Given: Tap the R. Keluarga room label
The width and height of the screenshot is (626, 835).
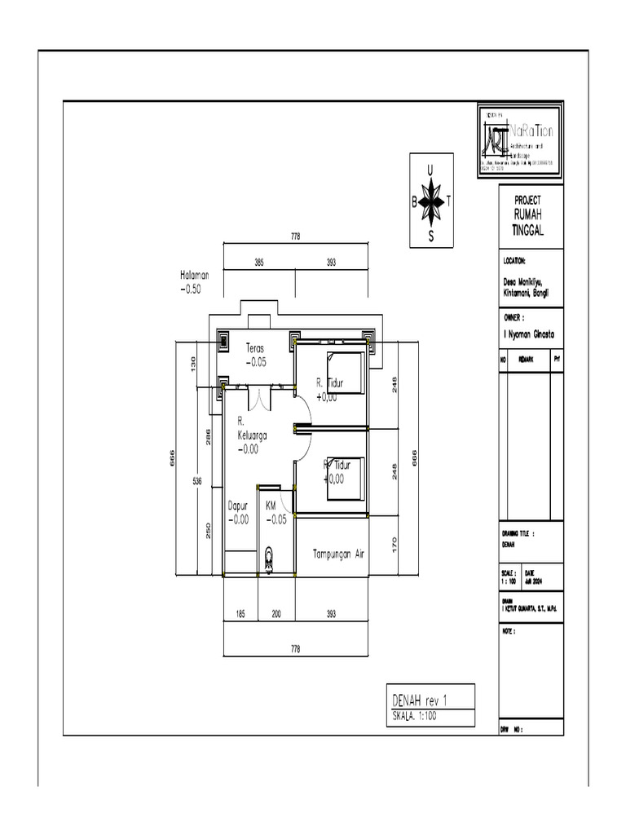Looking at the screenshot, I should tap(253, 435).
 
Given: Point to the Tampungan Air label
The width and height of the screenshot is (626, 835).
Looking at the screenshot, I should tap(337, 553).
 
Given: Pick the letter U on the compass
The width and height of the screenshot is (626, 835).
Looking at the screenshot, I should tap(431, 170).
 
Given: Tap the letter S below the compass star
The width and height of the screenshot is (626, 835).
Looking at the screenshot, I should tap(431, 237).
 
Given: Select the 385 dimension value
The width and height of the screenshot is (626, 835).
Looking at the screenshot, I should tap(258, 263).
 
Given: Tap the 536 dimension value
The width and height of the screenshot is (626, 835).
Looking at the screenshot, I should tap(196, 481).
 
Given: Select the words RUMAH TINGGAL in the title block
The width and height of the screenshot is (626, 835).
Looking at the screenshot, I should tap(527, 221).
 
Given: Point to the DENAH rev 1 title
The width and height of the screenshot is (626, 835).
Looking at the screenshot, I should tap(421, 699).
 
